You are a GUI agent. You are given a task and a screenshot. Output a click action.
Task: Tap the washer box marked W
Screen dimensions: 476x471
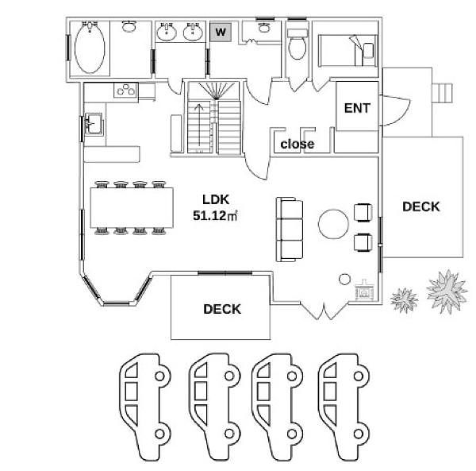click(221, 32)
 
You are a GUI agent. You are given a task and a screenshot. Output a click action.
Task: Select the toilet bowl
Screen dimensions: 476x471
click(297, 48)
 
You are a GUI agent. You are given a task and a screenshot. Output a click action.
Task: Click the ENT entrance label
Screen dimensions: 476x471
click(357, 108)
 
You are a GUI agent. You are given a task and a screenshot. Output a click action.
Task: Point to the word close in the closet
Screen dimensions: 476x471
click(297, 144)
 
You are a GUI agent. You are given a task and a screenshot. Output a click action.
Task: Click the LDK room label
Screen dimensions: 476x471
click(216, 199)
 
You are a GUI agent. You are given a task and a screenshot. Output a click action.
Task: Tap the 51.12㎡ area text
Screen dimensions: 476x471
click(215, 215)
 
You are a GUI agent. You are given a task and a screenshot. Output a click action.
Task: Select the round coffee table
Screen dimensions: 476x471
click(333, 224)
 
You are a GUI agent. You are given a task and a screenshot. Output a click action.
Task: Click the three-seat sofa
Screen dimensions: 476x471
click(290, 230)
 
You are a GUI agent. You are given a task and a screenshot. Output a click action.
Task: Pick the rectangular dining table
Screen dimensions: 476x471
click(132, 207)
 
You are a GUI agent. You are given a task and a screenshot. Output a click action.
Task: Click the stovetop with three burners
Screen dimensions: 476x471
click(126, 90)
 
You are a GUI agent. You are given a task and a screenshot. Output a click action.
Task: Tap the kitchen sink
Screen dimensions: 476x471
click(93, 123)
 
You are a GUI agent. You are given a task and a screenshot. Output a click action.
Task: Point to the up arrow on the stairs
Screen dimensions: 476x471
click(199, 125)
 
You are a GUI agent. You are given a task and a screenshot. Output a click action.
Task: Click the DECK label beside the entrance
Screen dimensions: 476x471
click(420, 207)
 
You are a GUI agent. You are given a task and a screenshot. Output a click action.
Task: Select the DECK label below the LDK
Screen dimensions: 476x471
click(222, 309)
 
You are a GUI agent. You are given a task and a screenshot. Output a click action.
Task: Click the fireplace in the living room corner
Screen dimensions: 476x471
click(364, 290)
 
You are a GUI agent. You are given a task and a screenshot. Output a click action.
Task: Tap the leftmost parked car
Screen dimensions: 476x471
click(145, 407)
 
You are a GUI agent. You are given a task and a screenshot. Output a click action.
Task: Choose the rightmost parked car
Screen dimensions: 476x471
click(344, 407)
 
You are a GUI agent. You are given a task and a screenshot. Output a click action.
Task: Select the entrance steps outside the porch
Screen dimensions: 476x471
click(443, 93)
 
